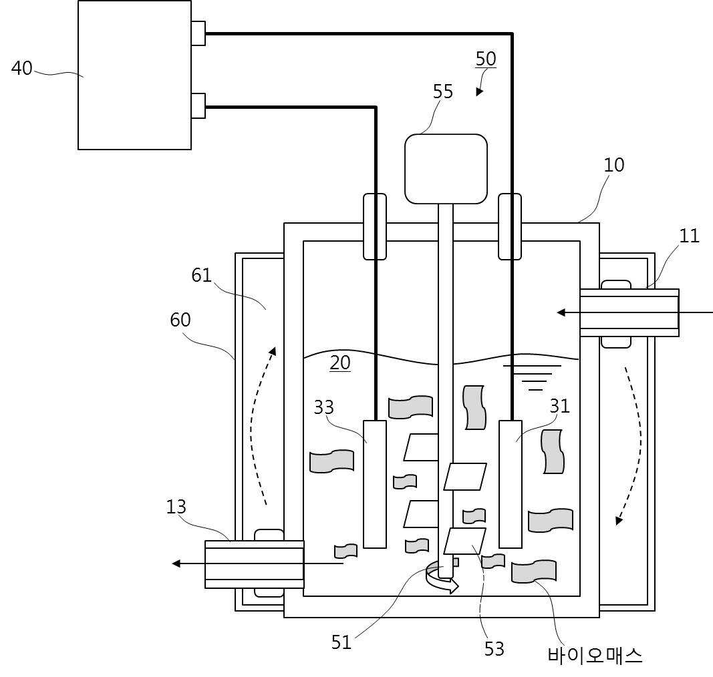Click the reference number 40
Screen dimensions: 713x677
tap(22, 68)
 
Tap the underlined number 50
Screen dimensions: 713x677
tap(486, 59)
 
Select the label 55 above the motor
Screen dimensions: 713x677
tap(443, 91)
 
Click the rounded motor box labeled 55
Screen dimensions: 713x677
tap(446, 168)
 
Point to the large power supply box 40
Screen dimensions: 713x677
tap(134, 75)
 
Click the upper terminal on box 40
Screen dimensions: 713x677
tap(198, 33)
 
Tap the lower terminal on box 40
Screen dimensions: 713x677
tap(198, 106)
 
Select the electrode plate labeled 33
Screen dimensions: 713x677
tap(375, 484)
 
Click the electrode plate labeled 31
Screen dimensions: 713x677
tap(511, 484)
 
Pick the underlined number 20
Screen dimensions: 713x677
tap(340, 363)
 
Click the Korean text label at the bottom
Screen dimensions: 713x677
tap(595, 656)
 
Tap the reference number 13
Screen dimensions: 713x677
tap(176, 507)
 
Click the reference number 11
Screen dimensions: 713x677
tap(689, 236)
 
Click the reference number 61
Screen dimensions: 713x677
tap(201, 275)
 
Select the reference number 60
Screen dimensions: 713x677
tap(180, 320)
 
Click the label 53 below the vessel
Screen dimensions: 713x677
tap(494, 649)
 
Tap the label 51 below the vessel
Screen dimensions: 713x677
tap(341, 642)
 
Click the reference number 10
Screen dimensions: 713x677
tap(614, 165)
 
